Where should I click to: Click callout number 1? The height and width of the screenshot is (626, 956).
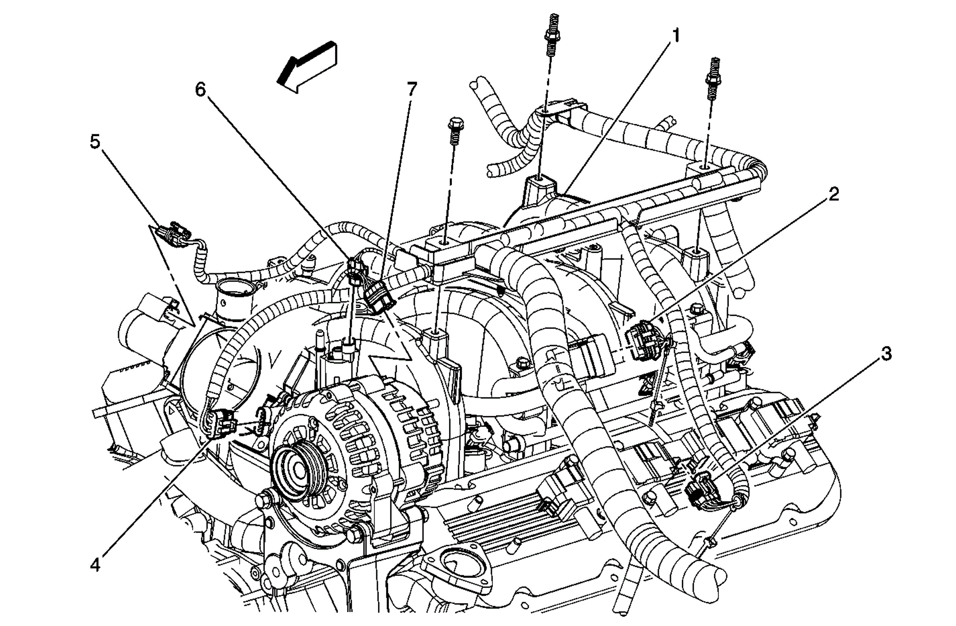675,35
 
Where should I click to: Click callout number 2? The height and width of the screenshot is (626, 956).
833,195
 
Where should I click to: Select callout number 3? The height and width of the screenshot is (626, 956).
886,354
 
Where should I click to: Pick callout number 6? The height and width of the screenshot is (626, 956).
200,90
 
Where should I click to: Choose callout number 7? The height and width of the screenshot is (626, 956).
412,90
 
